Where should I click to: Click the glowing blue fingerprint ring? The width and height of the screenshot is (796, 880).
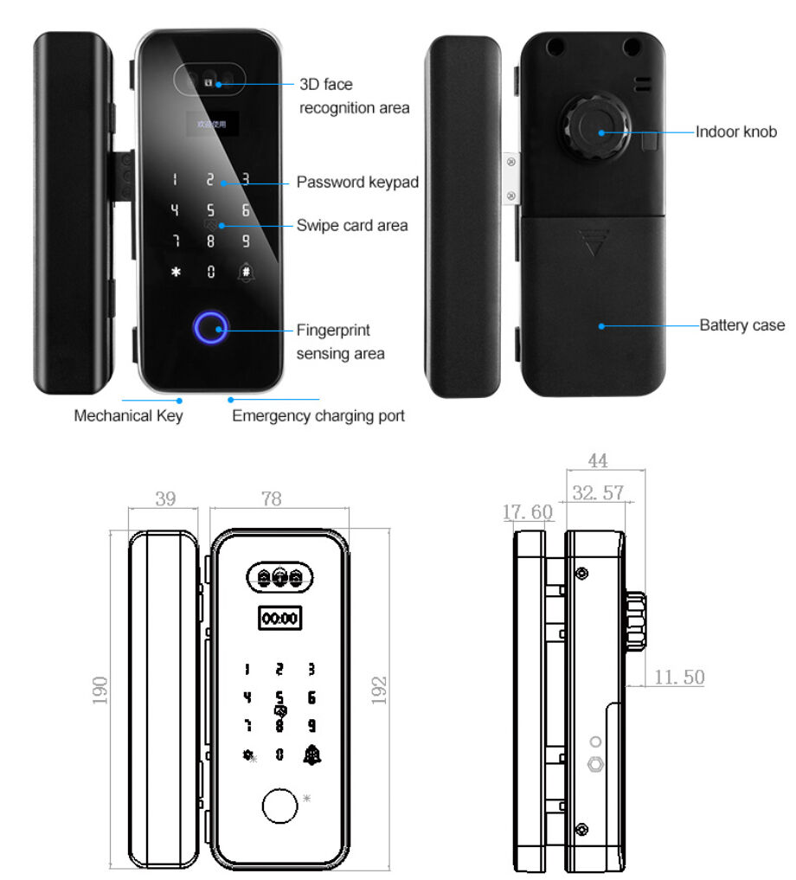tap(210, 327)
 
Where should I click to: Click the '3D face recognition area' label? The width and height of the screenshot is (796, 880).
tap(354, 96)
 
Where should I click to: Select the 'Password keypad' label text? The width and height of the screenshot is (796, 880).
tap(357, 183)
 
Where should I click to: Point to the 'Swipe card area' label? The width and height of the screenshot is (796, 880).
tap(352, 225)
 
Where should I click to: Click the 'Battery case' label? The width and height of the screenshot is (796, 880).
tap(741, 326)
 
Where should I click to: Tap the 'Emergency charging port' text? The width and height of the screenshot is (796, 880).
tap(318, 416)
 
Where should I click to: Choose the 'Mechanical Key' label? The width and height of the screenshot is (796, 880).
tap(128, 416)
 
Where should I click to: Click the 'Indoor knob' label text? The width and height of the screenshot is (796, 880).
tap(736, 132)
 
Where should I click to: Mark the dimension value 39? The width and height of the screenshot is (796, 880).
tap(164, 499)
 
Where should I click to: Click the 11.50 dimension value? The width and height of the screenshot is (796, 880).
tap(678, 678)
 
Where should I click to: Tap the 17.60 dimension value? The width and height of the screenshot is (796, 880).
tap(527, 513)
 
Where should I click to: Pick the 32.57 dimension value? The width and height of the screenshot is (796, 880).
tap(598, 493)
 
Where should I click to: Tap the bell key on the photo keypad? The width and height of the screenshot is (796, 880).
tap(247, 272)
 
